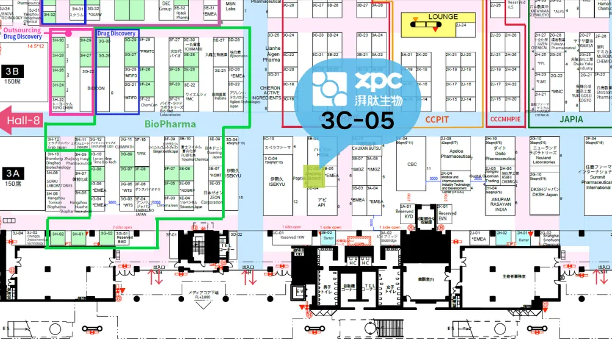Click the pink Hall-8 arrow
[x=22, y=120]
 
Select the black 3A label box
[x=13, y=173]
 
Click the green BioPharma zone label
[x=170, y=124]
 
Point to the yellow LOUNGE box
[x=443, y=16]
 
